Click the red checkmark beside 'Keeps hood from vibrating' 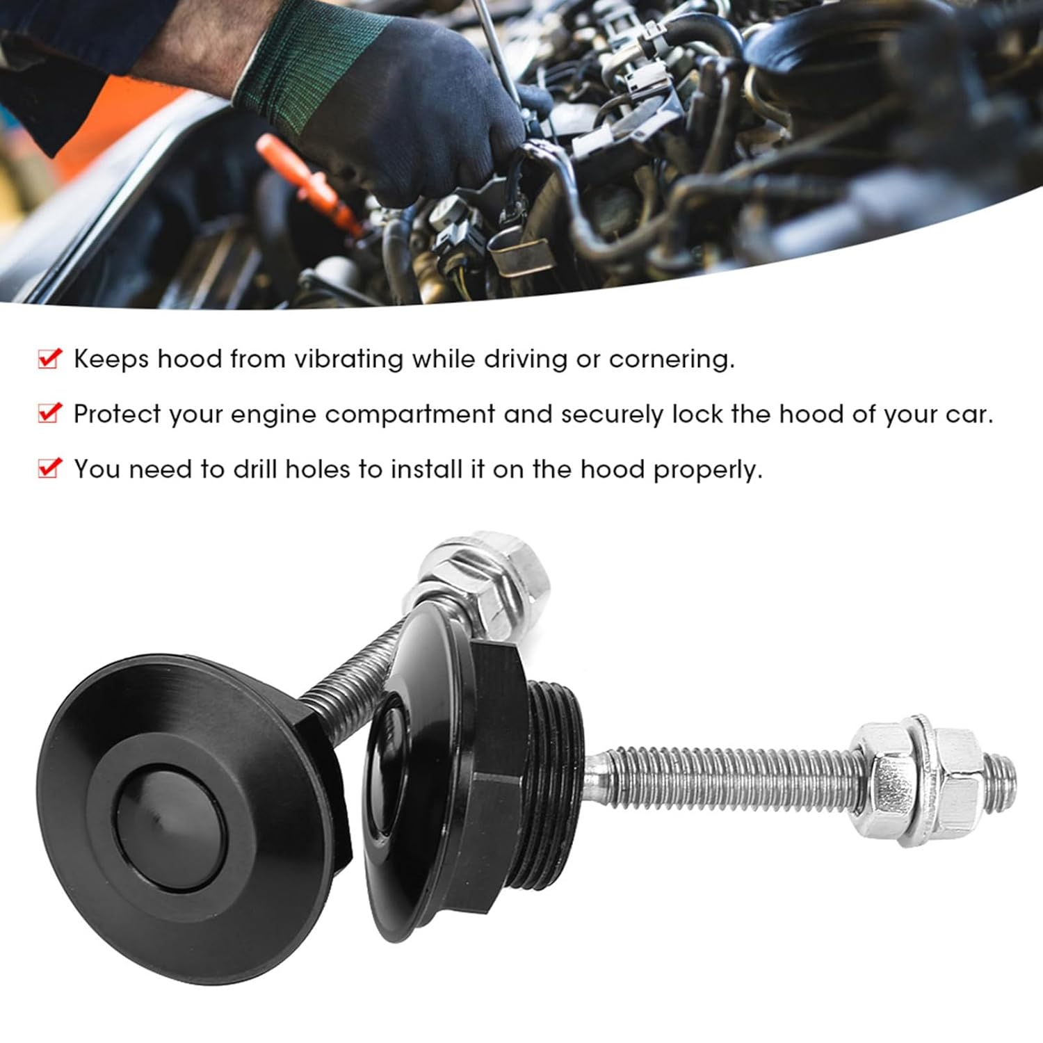tap(49, 359)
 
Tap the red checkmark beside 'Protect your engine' tap(49, 414)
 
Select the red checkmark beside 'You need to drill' tap(49, 469)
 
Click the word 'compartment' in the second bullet tap(410, 414)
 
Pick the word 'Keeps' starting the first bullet tap(111, 359)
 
